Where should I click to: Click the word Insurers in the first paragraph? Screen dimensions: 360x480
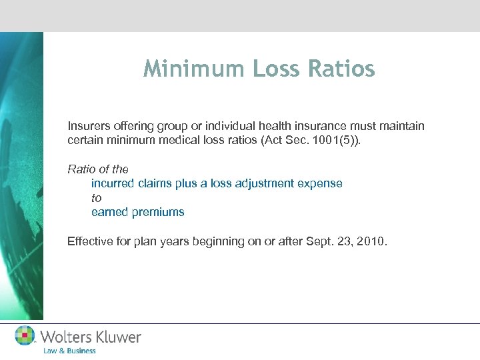87,126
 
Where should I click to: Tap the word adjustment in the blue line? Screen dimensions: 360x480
266,183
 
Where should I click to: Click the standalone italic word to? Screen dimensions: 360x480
96,198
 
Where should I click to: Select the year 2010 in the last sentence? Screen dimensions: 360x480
371,241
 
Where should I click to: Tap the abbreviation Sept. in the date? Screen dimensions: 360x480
315,241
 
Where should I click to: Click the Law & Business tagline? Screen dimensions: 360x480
69,351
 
